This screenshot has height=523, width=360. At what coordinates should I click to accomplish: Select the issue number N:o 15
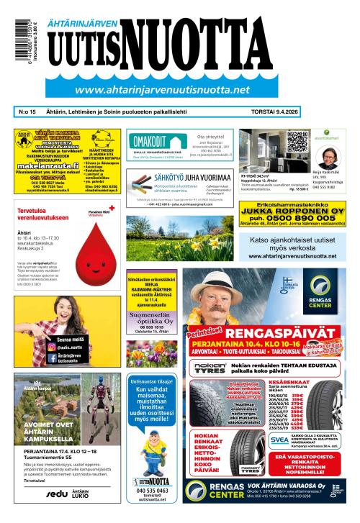pos(26,112)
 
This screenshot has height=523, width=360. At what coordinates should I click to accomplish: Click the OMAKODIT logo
pos(149,142)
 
